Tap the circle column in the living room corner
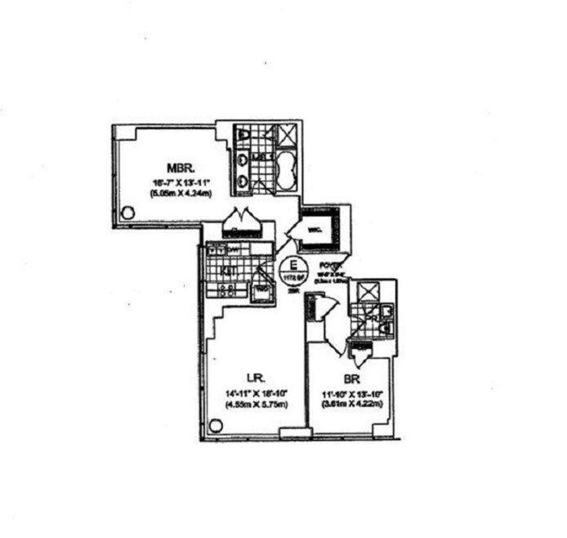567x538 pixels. coord(215,425)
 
